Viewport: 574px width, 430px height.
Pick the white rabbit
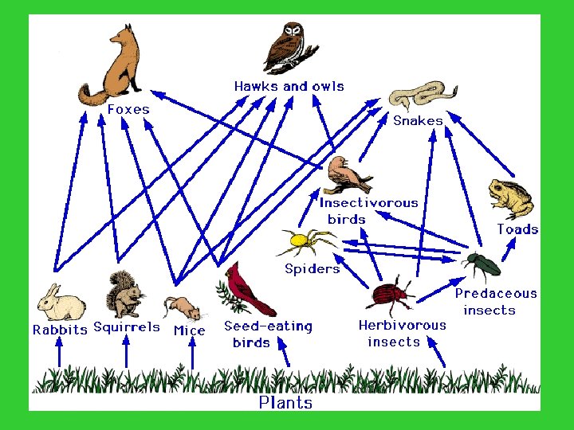[60, 303]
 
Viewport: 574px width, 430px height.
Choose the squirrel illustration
[125, 295]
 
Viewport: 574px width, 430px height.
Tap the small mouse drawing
[183, 307]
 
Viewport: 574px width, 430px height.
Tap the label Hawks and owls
[289, 86]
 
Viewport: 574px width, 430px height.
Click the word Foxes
[128, 110]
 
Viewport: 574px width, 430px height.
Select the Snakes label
[418, 121]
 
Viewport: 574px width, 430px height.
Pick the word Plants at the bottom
[285, 403]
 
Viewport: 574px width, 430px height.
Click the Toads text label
[517, 229]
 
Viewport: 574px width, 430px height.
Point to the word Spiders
[312, 268]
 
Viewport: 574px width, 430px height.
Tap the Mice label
[189, 330]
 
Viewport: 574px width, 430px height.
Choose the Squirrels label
[127, 327]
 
